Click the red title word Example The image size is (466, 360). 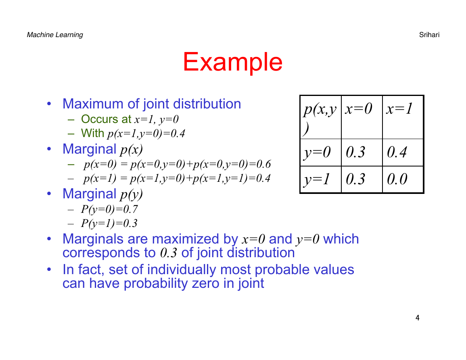click(232, 62)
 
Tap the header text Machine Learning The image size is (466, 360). click(55, 35)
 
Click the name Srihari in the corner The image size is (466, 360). click(429, 35)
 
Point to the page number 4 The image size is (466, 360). click(418, 318)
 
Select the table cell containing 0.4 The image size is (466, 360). click(403, 152)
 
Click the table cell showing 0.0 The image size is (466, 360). click(403, 179)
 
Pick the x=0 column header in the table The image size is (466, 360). click(362, 117)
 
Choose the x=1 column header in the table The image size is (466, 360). click(403, 117)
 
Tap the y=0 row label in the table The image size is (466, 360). click(321, 152)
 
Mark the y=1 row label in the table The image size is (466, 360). click(321, 179)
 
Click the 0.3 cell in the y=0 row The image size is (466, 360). click(362, 152)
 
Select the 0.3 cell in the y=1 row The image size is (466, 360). click(362, 179)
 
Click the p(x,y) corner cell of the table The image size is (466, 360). click(321, 117)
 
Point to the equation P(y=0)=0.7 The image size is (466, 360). click(109, 209)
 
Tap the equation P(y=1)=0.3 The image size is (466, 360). click(109, 223)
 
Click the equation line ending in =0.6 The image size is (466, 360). click(177, 164)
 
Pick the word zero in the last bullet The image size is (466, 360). click(206, 283)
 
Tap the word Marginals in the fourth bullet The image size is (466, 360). click(105, 239)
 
